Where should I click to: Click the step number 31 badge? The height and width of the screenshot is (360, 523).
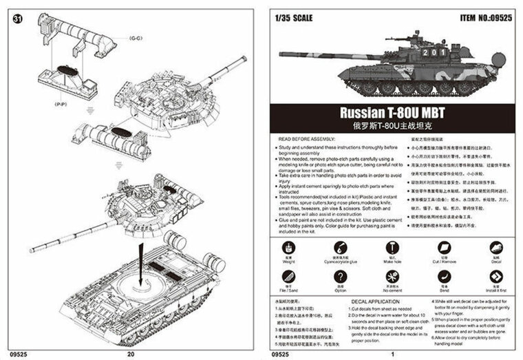pyautogui.click(x=17, y=19)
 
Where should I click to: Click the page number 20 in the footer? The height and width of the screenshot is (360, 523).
pyautogui.click(x=131, y=354)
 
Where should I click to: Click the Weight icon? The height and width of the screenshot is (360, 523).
pyautogui.click(x=285, y=246)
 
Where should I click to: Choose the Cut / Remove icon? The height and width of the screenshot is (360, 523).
pyautogui.click(x=444, y=246)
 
